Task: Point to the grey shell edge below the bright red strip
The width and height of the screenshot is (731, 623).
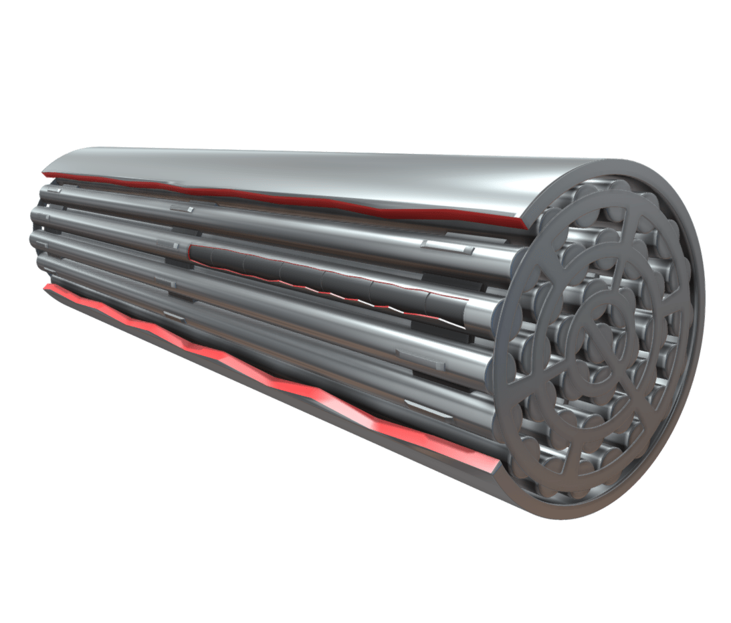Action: [268, 388]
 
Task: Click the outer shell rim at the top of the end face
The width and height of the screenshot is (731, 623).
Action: [622, 164]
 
